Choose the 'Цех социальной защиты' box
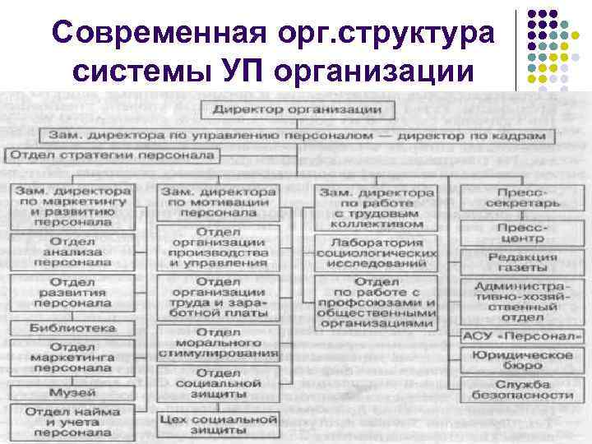(218, 424)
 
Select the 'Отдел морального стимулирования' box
(219, 345)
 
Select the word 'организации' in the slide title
(376, 71)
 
